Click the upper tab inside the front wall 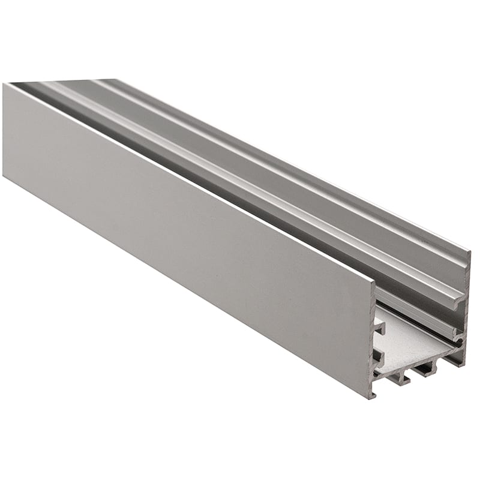click(x=379, y=327)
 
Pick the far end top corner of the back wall click(x=114, y=80)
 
